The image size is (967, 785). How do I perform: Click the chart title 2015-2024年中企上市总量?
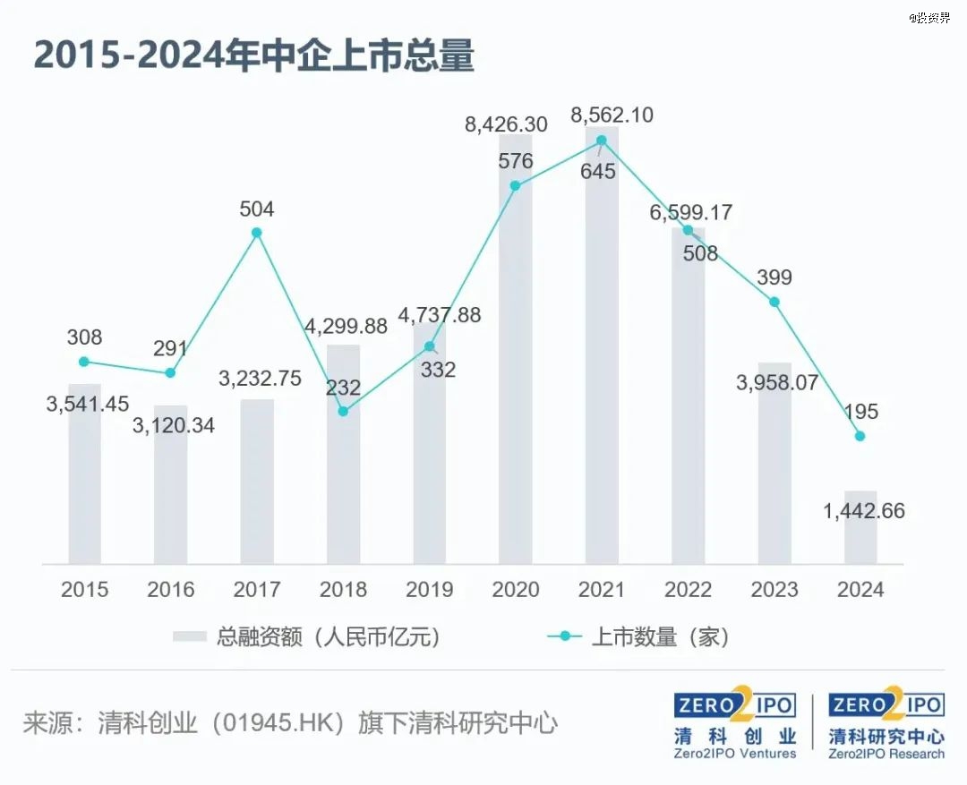click(x=253, y=55)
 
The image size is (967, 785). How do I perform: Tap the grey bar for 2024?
click(x=860, y=537)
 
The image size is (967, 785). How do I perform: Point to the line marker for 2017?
click(x=257, y=233)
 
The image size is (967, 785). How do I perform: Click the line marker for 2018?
click(x=343, y=412)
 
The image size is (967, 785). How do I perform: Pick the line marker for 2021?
click(x=602, y=140)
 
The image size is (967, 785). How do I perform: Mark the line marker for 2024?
click(x=860, y=436)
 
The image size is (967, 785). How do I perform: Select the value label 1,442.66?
click(x=863, y=511)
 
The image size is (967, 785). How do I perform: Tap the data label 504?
click(x=257, y=209)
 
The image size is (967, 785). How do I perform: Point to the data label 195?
click(x=860, y=412)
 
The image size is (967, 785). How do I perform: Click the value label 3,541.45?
click(x=88, y=404)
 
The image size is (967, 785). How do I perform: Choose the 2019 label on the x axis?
click(x=430, y=590)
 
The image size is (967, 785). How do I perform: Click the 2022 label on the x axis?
click(x=689, y=590)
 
